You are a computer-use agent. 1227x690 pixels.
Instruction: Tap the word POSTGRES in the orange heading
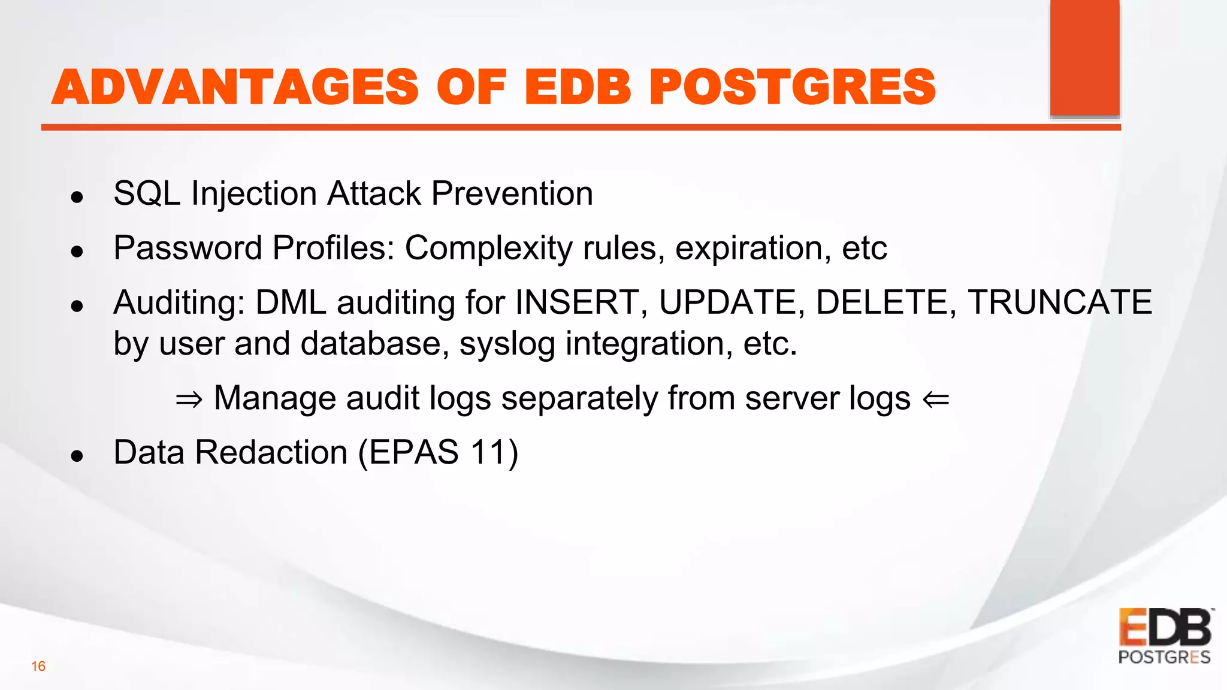tap(792, 87)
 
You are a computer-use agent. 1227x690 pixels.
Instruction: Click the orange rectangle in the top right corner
tap(1084, 57)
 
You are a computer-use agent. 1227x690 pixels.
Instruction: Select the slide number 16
tap(38, 666)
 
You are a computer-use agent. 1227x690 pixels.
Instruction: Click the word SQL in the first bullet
tap(147, 193)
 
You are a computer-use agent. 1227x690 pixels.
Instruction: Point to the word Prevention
tap(512, 193)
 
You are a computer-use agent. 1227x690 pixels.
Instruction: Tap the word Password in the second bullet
tap(188, 247)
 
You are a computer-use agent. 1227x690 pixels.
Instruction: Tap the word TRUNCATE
tap(1060, 302)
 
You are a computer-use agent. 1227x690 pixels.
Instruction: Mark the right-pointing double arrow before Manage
tap(189, 399)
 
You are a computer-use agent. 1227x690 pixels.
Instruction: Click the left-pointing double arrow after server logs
tap(936, 399)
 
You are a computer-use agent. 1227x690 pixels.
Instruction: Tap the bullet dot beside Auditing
tap(77, 307)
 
